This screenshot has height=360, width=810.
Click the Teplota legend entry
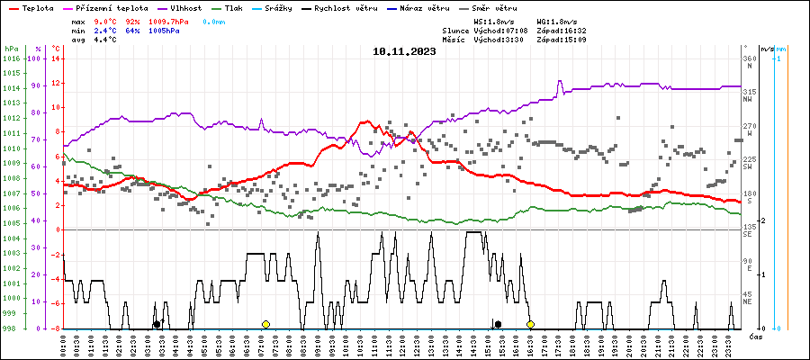[x=31, y=7]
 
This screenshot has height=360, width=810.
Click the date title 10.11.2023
[x=404, y=51]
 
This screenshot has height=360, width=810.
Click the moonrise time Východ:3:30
[x=506, y=40]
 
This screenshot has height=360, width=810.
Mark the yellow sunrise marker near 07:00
[x=265, y=324]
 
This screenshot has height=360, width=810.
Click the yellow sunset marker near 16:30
[x=531, y=324]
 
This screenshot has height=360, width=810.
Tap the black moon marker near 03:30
[x=157, y=324]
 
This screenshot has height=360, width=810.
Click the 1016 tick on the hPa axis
[x=12, y=59]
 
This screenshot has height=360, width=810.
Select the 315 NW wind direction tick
[x=749, y=92]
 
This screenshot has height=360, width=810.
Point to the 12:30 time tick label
[x=417, y=344]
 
